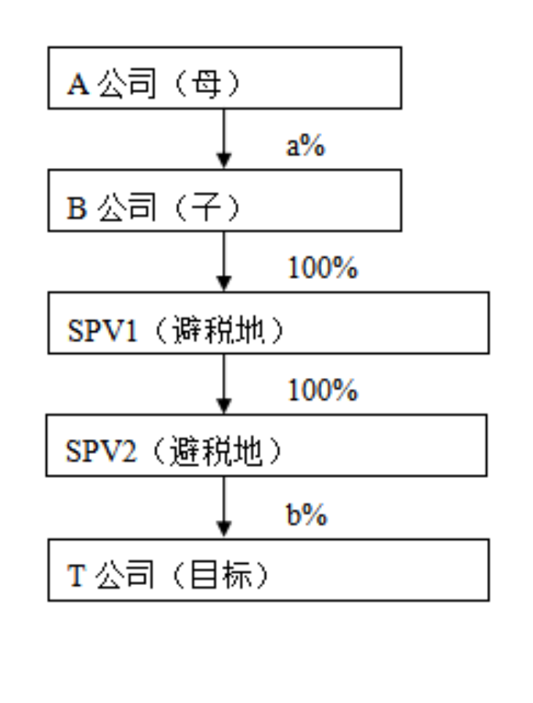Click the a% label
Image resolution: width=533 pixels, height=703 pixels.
[306, 145]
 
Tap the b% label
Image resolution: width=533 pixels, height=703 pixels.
[306, 514]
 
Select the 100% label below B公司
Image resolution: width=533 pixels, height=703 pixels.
[323, 268]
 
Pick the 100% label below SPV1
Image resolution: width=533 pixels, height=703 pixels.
[323, 390]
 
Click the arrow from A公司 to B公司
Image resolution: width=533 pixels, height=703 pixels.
[224, 139]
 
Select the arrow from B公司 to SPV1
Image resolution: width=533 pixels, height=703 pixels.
[224, 262]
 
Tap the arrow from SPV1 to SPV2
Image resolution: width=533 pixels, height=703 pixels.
[224, 384]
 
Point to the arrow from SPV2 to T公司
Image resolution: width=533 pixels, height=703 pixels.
[224, 508]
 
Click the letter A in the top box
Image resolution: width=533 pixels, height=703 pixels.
[78, 84]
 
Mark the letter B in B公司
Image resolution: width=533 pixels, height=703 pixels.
[77, 208]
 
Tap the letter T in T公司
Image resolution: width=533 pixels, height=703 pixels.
[76, 575]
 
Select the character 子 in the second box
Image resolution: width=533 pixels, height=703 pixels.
[206, 207]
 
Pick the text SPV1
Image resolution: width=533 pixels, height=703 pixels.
[102, 331]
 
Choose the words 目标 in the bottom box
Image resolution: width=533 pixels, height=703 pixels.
[220, 575]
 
